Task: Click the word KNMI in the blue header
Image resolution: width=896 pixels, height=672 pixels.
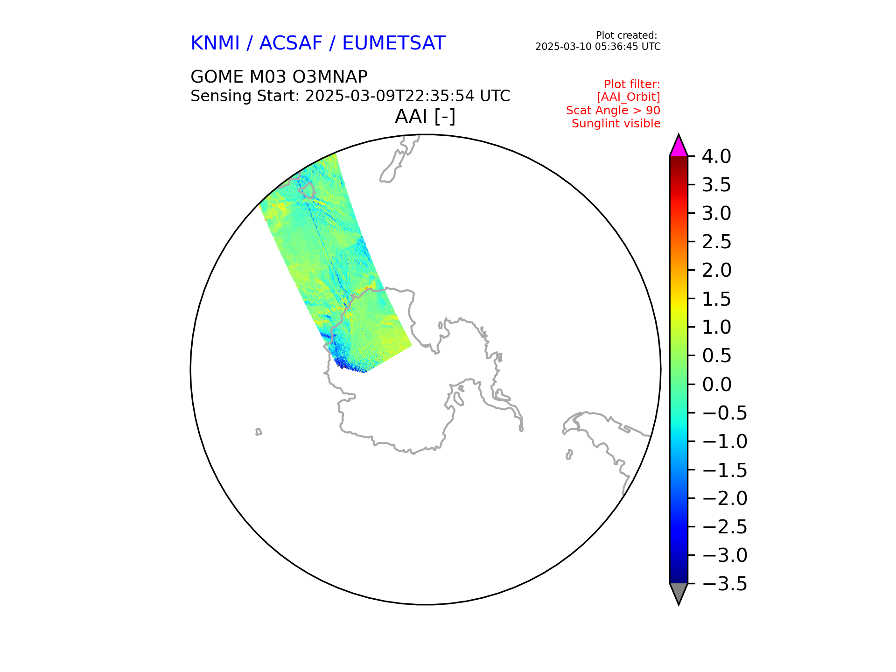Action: click(215, 43)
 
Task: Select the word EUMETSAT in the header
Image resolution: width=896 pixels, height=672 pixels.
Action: click(394, 43)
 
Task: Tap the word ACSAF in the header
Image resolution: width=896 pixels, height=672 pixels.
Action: click(291, 43)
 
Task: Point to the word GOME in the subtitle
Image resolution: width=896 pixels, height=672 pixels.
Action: click(217, 77)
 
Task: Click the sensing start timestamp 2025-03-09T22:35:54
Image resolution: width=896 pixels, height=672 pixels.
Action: click(390, 96)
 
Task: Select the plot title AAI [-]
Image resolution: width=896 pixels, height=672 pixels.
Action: click(425, 116)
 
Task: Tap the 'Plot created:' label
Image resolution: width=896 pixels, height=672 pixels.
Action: click(627, 35)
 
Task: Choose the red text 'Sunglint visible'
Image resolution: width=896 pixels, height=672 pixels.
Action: click(616, 124)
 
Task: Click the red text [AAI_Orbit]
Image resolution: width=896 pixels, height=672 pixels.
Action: click(629, 97)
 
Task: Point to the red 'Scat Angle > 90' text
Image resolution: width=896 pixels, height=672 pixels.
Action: click(613, 111)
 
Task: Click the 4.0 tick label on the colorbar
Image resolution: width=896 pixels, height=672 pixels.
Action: click(716, 157)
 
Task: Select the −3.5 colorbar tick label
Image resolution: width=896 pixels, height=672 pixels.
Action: click(724, 584)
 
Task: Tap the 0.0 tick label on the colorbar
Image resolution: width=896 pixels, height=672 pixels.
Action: click(716, 385)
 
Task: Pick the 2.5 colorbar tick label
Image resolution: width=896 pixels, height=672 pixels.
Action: click(716, 242)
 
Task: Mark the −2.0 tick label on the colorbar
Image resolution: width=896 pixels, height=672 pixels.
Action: click(724, 498)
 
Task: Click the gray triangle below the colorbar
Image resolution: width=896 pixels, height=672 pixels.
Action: click(679, 593)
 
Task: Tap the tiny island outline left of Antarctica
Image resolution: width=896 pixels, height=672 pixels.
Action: click(259, 432)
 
